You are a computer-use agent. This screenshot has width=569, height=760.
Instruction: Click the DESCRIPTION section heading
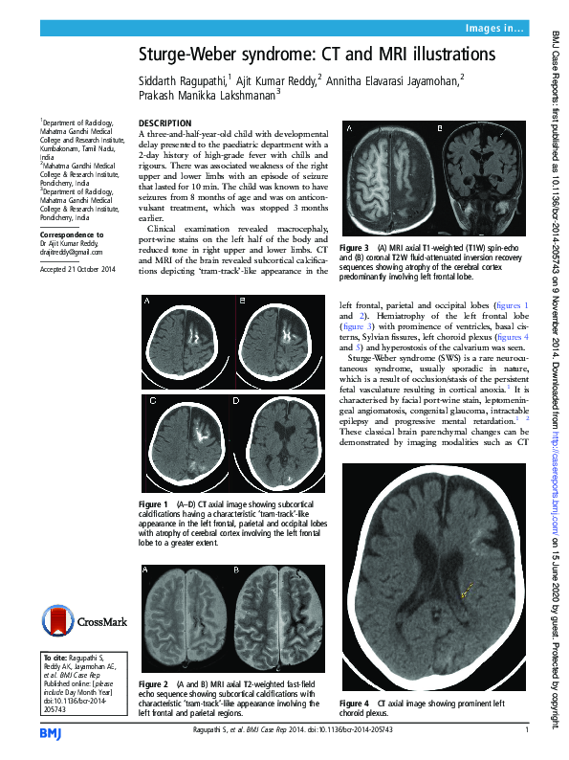point(165,125)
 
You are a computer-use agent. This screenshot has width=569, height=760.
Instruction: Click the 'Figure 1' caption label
point(153,503)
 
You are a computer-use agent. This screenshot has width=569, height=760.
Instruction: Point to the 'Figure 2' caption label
point(153,684)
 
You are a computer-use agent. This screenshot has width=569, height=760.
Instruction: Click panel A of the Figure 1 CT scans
point(185,332)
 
